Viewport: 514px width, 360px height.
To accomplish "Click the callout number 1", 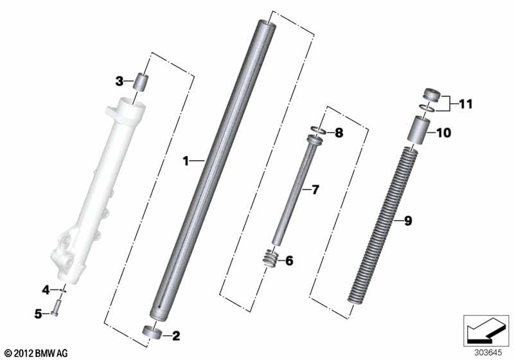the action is pyautogui.click(x=186, y=161).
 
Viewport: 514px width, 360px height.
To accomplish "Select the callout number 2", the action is pyautogui.click(x=176, y=336).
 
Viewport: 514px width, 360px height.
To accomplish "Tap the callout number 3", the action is pyautogui.click(x=120, y=81).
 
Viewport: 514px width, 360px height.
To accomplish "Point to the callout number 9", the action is pyautogui.click(x=408, y=221).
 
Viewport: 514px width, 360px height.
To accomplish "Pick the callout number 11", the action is pyautogui.click(x=466, y=104).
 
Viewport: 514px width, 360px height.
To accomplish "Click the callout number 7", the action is pyautogui.click(x=315, y=190).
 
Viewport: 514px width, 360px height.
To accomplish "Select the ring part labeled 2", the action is pyautogui.click(x=152, y=330).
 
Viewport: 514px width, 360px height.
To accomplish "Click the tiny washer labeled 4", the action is pyautogui.click(x=64, y=290).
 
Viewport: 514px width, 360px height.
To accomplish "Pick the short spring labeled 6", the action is pyautogui.click(x=270, y=258).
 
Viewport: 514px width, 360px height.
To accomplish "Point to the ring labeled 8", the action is pyautogui.click(x=317, y=130).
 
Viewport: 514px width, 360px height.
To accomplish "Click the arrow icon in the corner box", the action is pyautogui.click(x=486, y=330).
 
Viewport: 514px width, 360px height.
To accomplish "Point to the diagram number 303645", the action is pyautogui.click(x=488, y=352).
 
